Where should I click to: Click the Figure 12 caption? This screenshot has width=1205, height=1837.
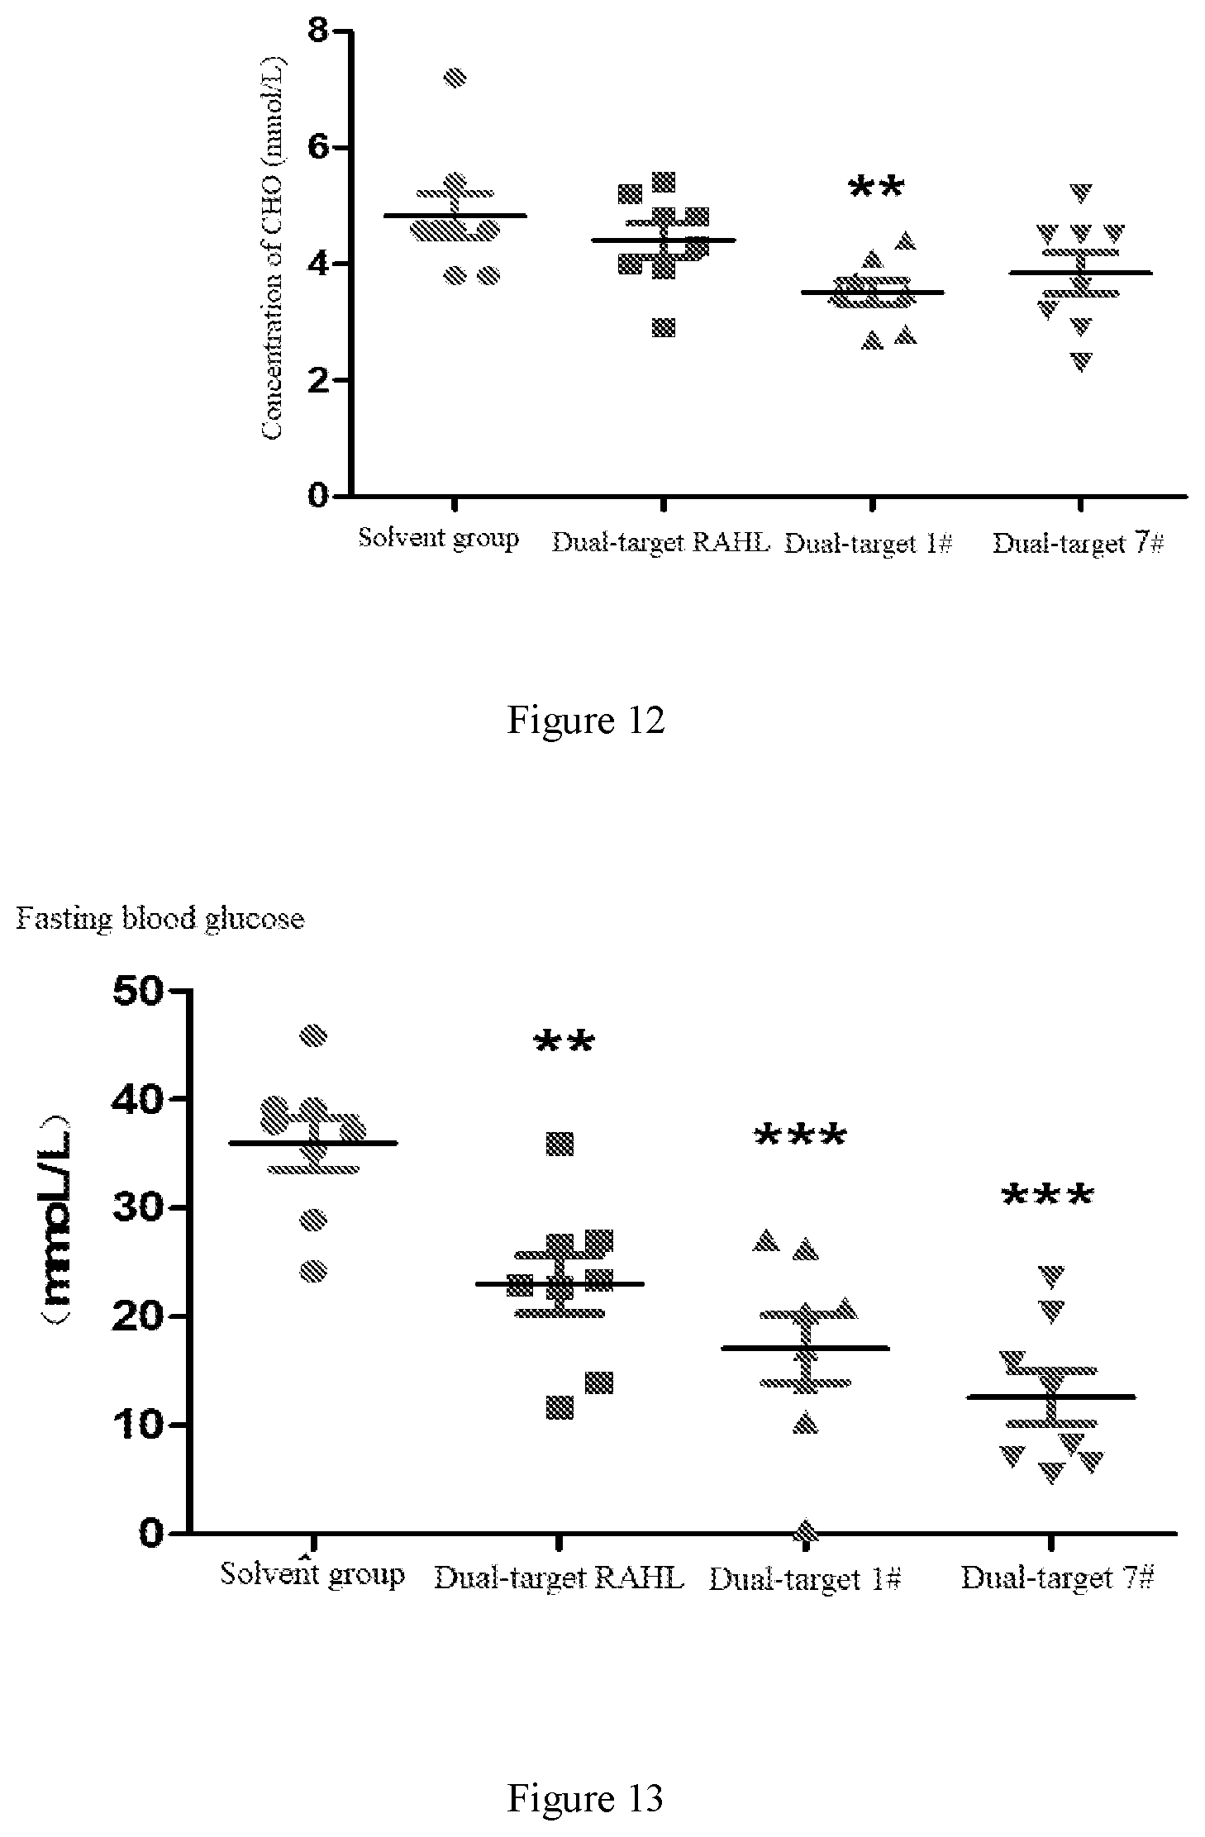pos(585,720)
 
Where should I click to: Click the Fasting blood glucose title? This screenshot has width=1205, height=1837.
pos(160,918)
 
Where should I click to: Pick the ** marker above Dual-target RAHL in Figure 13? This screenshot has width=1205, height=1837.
pos(564,1043)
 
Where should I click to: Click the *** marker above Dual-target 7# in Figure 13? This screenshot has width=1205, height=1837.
pos(1048,1196)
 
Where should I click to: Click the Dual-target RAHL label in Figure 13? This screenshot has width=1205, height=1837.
pos(559,1578)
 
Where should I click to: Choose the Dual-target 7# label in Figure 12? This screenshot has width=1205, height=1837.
pos(1078,544)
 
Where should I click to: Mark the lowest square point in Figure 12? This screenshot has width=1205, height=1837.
pos(663,327)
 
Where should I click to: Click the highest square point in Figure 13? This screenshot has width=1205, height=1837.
pos(560,1145)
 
